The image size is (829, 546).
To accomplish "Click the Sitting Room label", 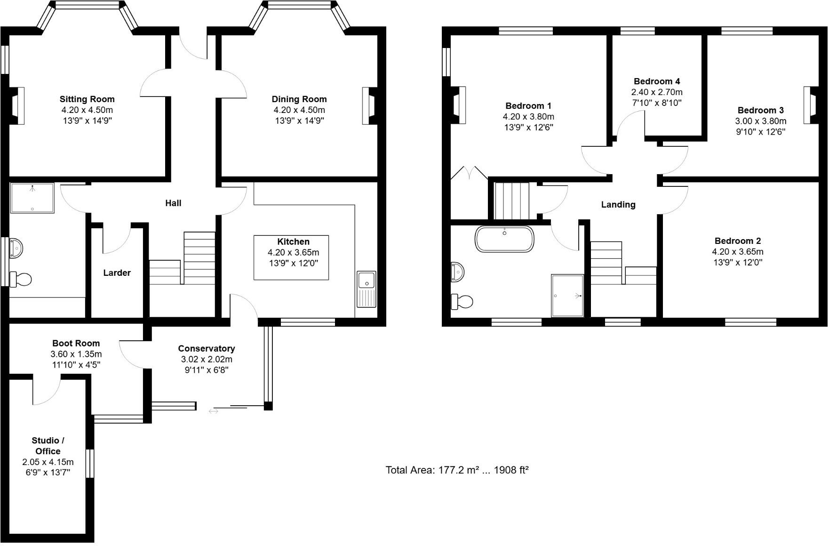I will (x=87, y=99).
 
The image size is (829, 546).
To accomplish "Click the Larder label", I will (x=117, y=273).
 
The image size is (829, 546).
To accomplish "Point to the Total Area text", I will (x=457, y=470).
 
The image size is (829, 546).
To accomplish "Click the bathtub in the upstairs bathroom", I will (x=504, y=239).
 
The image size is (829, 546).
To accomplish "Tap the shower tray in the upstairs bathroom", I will (x=567, y=296).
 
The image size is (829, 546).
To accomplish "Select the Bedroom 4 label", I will (x=657, y=81).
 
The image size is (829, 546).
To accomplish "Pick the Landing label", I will (x=618, y=205).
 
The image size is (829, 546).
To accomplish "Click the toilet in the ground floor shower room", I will (x=21, y=280).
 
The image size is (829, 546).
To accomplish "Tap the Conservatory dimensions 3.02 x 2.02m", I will (x=207, y=360).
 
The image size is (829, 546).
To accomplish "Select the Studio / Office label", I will (x=48, y=446).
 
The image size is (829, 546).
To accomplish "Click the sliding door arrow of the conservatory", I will (x=213, y=411).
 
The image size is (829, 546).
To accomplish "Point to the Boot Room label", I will (x=76, y=344).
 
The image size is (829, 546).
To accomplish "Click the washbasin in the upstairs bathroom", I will (x=457, y=272).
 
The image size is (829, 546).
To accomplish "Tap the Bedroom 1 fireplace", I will (x=458, y=105).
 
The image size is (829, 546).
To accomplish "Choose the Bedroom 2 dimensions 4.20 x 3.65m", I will (x=737, y=252).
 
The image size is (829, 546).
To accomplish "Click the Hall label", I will (x=173, y=203).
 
